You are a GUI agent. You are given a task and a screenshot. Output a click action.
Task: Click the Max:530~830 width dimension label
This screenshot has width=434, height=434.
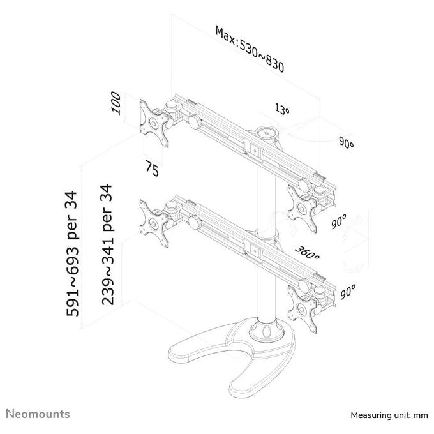tap(250, 49)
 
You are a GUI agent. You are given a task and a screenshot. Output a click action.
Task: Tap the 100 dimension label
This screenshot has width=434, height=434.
tap(116, 103)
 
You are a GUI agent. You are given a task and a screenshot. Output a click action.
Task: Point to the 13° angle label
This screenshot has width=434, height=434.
tap(282, 108)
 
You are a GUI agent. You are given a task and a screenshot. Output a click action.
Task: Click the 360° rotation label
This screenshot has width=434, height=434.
tap(307, 253)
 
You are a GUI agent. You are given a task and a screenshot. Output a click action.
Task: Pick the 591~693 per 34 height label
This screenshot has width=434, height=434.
tap(73, 253)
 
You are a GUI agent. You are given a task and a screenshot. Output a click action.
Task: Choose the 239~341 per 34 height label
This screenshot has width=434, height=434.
tap(107, 244)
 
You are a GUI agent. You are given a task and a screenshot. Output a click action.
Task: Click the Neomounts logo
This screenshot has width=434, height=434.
tap(38, 414)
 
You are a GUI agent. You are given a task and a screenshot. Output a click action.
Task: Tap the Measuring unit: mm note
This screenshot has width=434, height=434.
tap(389, 415)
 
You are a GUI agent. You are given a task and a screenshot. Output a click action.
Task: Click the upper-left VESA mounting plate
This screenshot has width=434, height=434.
tap(154, 123)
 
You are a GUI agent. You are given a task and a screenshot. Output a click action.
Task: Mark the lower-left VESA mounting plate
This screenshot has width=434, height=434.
tap(154, 223)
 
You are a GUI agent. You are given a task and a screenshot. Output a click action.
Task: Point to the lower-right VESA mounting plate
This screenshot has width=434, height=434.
tap(303, 309)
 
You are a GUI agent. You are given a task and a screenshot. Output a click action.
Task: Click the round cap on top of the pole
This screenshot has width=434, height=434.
tap(267, 133)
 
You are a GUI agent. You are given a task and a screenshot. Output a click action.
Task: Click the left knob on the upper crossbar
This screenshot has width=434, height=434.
tap(195, 122)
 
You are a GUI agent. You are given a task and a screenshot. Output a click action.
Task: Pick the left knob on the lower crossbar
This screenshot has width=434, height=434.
tap(195, 222)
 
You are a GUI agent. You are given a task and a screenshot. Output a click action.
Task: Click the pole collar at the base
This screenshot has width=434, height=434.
tap(267, 331)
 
